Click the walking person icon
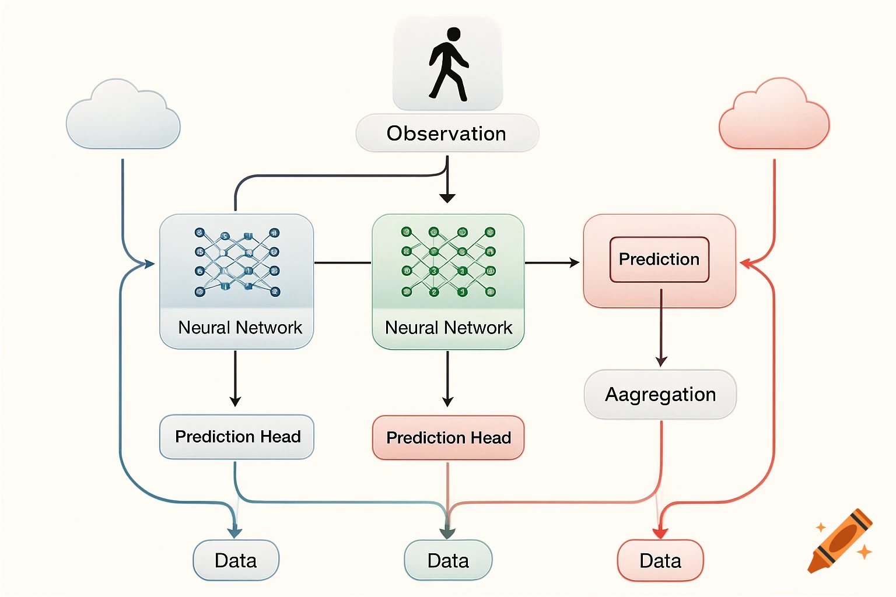click(x=448, y=64)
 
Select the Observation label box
click(x=447, y=134)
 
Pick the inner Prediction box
click(x=659, y=259)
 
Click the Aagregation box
click(x=660, y=395)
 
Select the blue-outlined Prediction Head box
click(x=237, y=437)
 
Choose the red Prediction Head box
click(x=448, y=438)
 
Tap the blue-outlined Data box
click(x=236, y=560)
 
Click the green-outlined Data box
click(x=448, y=560)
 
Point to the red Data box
click(x=660, y=560)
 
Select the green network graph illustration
click(x=448, y=262)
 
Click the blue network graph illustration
click(x=237, y=262)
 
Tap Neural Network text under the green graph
click(x=448, y=328)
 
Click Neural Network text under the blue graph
click(x=240, y=328)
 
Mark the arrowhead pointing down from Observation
click(x=447, y=198)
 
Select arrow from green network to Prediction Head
click(x=447, y=379)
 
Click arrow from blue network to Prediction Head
click(x=235, y=379)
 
